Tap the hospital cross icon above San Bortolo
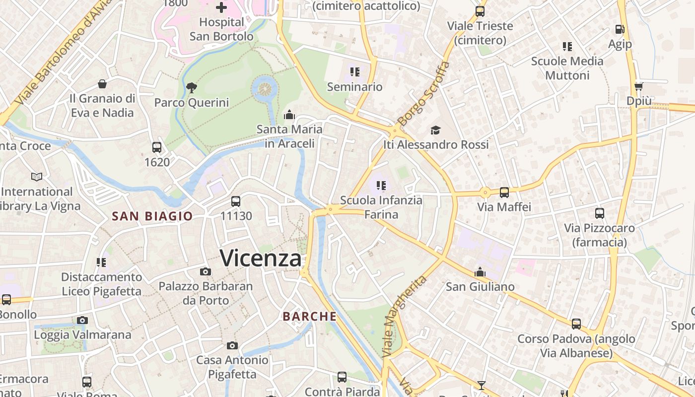(x=221, y=7)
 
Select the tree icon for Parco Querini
(x=191, y=88)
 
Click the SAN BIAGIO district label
(x=152, y=216)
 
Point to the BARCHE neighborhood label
(x=310, y=317)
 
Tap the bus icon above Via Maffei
(x=504, y=192)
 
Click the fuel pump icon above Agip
(x=620, y=29)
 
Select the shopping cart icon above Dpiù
(x=638, y=86)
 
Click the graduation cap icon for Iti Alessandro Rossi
(x=435, y=130)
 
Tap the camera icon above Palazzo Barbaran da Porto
(x=205, y=271)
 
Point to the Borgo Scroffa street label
(x=423, y=94)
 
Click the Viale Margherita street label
(x=405, y=317)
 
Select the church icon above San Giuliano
(x=480, y=272)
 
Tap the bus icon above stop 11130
(x=236, y=201)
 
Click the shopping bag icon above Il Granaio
(x=102, y=83)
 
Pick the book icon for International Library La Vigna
(x=37, y=177)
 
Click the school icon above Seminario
(x=354, y=72)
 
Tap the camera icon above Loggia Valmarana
(x=82, y=320)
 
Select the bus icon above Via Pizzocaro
(x=600, y=213)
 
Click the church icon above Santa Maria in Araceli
(x=289, y=115)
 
